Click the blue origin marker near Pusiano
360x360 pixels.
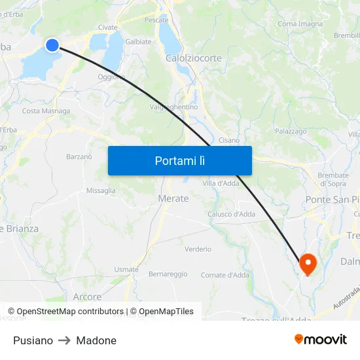pyautogui.click(x=52, y=45)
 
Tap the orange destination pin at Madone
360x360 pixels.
pyautogui.click(x=308, y=264)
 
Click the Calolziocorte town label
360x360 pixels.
pyautogui.click(x=193, y=58)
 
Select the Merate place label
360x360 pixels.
pyautogui.click(x=173, y=198)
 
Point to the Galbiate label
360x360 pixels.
pyautogui.click(x=138, y=41)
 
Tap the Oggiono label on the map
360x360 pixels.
pyautogui.click(x=111, y=77)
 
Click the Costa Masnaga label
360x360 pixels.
pyautogui.click(x=46, y=111)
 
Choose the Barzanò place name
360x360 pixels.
pyautogui.click(x=79, y=156)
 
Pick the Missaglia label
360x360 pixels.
pyautogui.click(x=101, y=191)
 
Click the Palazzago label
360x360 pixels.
pyautogui.click(x=291, y=132)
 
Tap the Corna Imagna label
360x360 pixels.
pyautogui.click(x=300, y=24)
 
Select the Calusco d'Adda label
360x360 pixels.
pyautogui.click(x=231, y=214)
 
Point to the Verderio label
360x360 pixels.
pyautogui.click(x=198, y=249)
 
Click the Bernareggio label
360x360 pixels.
pyautogui.click(x=168, y=274)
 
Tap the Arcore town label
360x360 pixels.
pyautogui.click(x=87, y=297)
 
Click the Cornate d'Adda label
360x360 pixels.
pyautogui.click(x=225, y=275)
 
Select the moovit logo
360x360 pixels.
pyautogui.click(x=321, y=339)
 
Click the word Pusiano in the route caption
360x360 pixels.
pyautogui.click(x=33, y=340)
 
